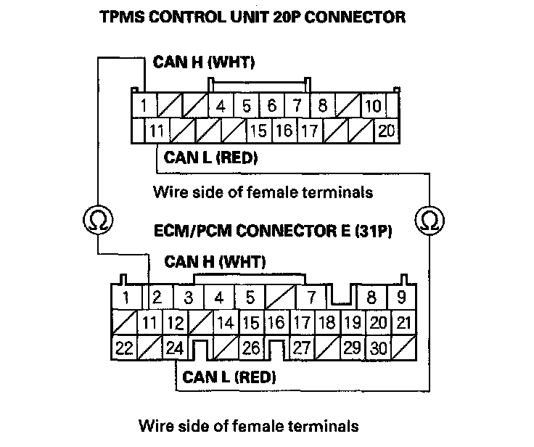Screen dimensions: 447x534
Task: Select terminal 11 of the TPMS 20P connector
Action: pyautogui.click(x=155, y=131)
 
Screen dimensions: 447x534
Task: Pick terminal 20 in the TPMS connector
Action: pyautogui.click(x=385, y=131)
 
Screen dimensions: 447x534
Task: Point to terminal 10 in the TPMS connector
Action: pyautogui.click(x=373, y=106)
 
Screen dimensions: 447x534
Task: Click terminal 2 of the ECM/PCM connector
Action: pyautogui.click(x=157, y=297)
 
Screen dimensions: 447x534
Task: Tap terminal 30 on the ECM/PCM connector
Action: pyautogui.click(x=378, y=348)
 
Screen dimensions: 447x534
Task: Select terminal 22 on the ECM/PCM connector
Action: pyautogui.click(x=125, y=348)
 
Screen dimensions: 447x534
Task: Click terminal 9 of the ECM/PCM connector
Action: pyautogui.click(x=400, y=297)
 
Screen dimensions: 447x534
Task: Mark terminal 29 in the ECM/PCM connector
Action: pyautogui.click(x=352, y=348)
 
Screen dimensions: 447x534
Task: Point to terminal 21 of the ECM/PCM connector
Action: pyautogui.click(x=403, y=322)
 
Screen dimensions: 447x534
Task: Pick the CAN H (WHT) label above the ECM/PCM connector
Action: pyautogui.click(x=215, y=261)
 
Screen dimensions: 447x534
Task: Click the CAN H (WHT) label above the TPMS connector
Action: pyautogui.click(x=202, y=64)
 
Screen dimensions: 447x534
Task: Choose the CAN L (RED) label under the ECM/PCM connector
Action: pyautogui.click(x=229, y=377)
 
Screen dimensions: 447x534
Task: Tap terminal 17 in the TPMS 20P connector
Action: pyautogui.click(x=309, y=131)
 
